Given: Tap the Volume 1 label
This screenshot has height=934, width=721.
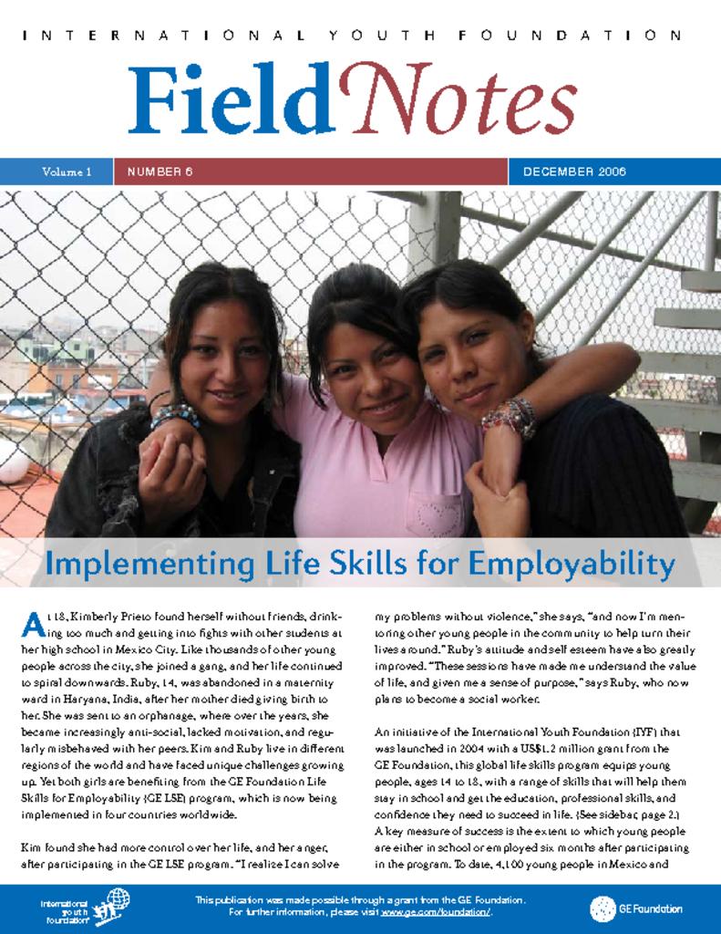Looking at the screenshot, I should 67,171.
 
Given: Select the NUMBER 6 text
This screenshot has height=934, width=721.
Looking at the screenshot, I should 160,171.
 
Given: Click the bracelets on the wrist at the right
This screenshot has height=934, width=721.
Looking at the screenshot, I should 512,417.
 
